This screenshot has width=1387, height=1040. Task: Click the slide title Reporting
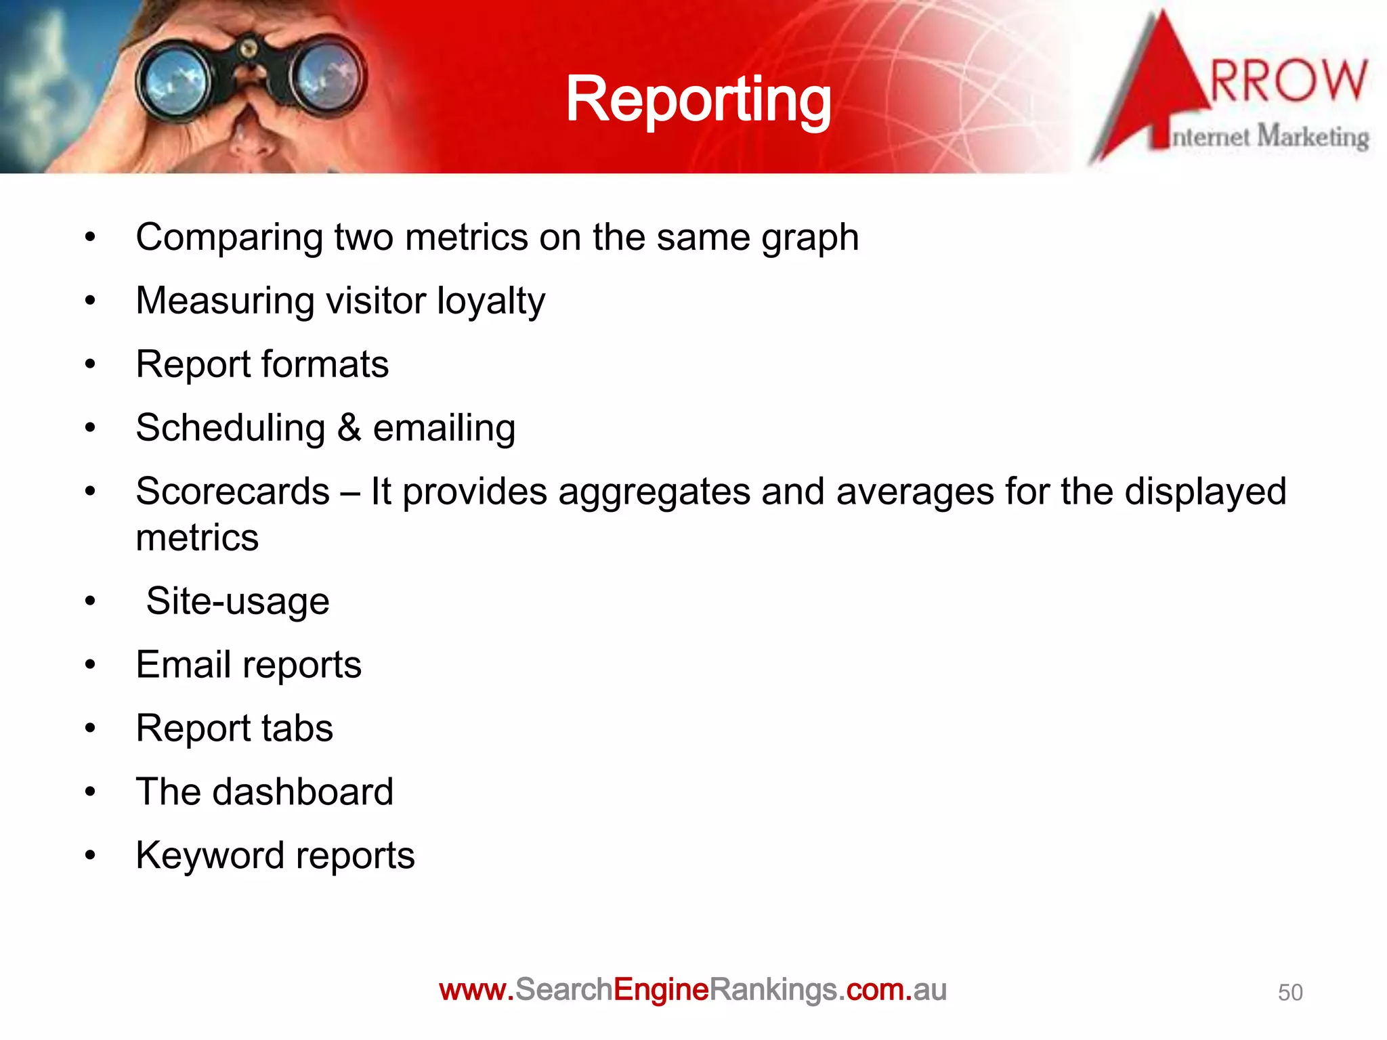click(x=698, y=100)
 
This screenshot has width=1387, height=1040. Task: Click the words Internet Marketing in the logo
click(x=1270, y=137)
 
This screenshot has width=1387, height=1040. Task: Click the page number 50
click(x=1289, y=993)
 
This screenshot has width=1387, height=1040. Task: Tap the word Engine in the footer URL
click(x=660, y=990)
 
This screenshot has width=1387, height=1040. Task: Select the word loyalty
click(x=490, y=301)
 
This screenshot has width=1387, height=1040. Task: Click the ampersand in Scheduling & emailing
click(x=349, y=428)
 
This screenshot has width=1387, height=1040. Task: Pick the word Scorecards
click(x=232, y=492)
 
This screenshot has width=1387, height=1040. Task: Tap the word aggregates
click(x=654, y=493)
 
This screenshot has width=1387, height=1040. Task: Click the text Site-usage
click(x=237, y=602)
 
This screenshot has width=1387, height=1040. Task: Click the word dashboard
click(x=302, y=792)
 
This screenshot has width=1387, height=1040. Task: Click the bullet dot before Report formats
click(x=90, y=365)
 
